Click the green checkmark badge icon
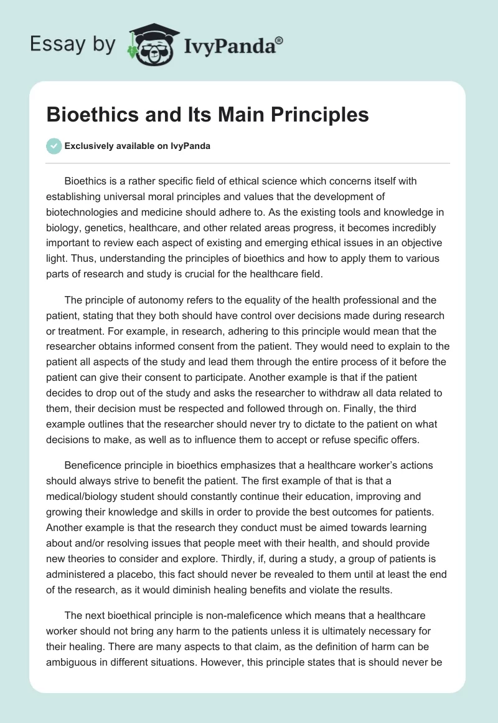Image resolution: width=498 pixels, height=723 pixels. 54,146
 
